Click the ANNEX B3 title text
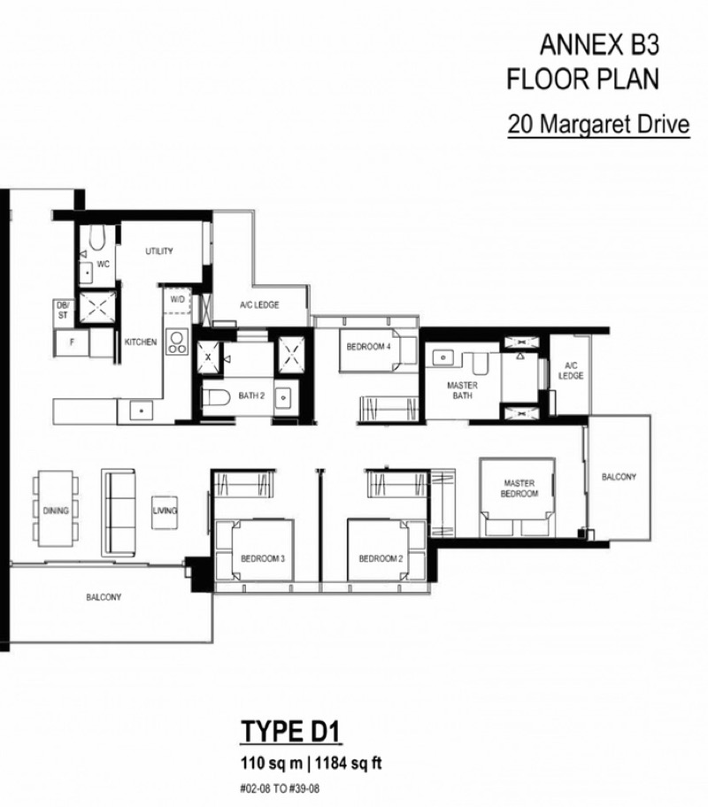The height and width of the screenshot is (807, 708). tap(599, 45)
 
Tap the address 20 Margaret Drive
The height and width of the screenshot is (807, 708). tap(598, 124)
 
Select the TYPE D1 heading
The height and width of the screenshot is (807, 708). tap(290, 731)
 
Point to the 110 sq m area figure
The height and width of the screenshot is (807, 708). tap(272, 763)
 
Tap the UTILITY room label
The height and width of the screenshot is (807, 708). tap(159, 251)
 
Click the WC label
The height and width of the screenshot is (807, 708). tap(103, 264)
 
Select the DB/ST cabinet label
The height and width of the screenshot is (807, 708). tap(62, 311)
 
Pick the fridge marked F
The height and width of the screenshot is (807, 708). tap(72, 342)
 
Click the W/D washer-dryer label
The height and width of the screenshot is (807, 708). tap(178, 299)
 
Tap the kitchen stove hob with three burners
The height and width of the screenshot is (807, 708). tap(177, 342)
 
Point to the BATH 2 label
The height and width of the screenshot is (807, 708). tap(251, 396)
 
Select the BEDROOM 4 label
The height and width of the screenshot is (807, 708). tap(368, 347)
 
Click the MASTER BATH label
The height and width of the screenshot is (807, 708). tap(462, 390)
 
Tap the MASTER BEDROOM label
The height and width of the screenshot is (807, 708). tap(519, 488)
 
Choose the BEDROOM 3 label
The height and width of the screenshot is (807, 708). tap(263, 558)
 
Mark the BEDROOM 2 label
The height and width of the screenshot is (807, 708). tap(381, 558)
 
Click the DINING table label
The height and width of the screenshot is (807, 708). tap(56, 511)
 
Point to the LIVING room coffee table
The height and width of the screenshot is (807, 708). tap(165, 512)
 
